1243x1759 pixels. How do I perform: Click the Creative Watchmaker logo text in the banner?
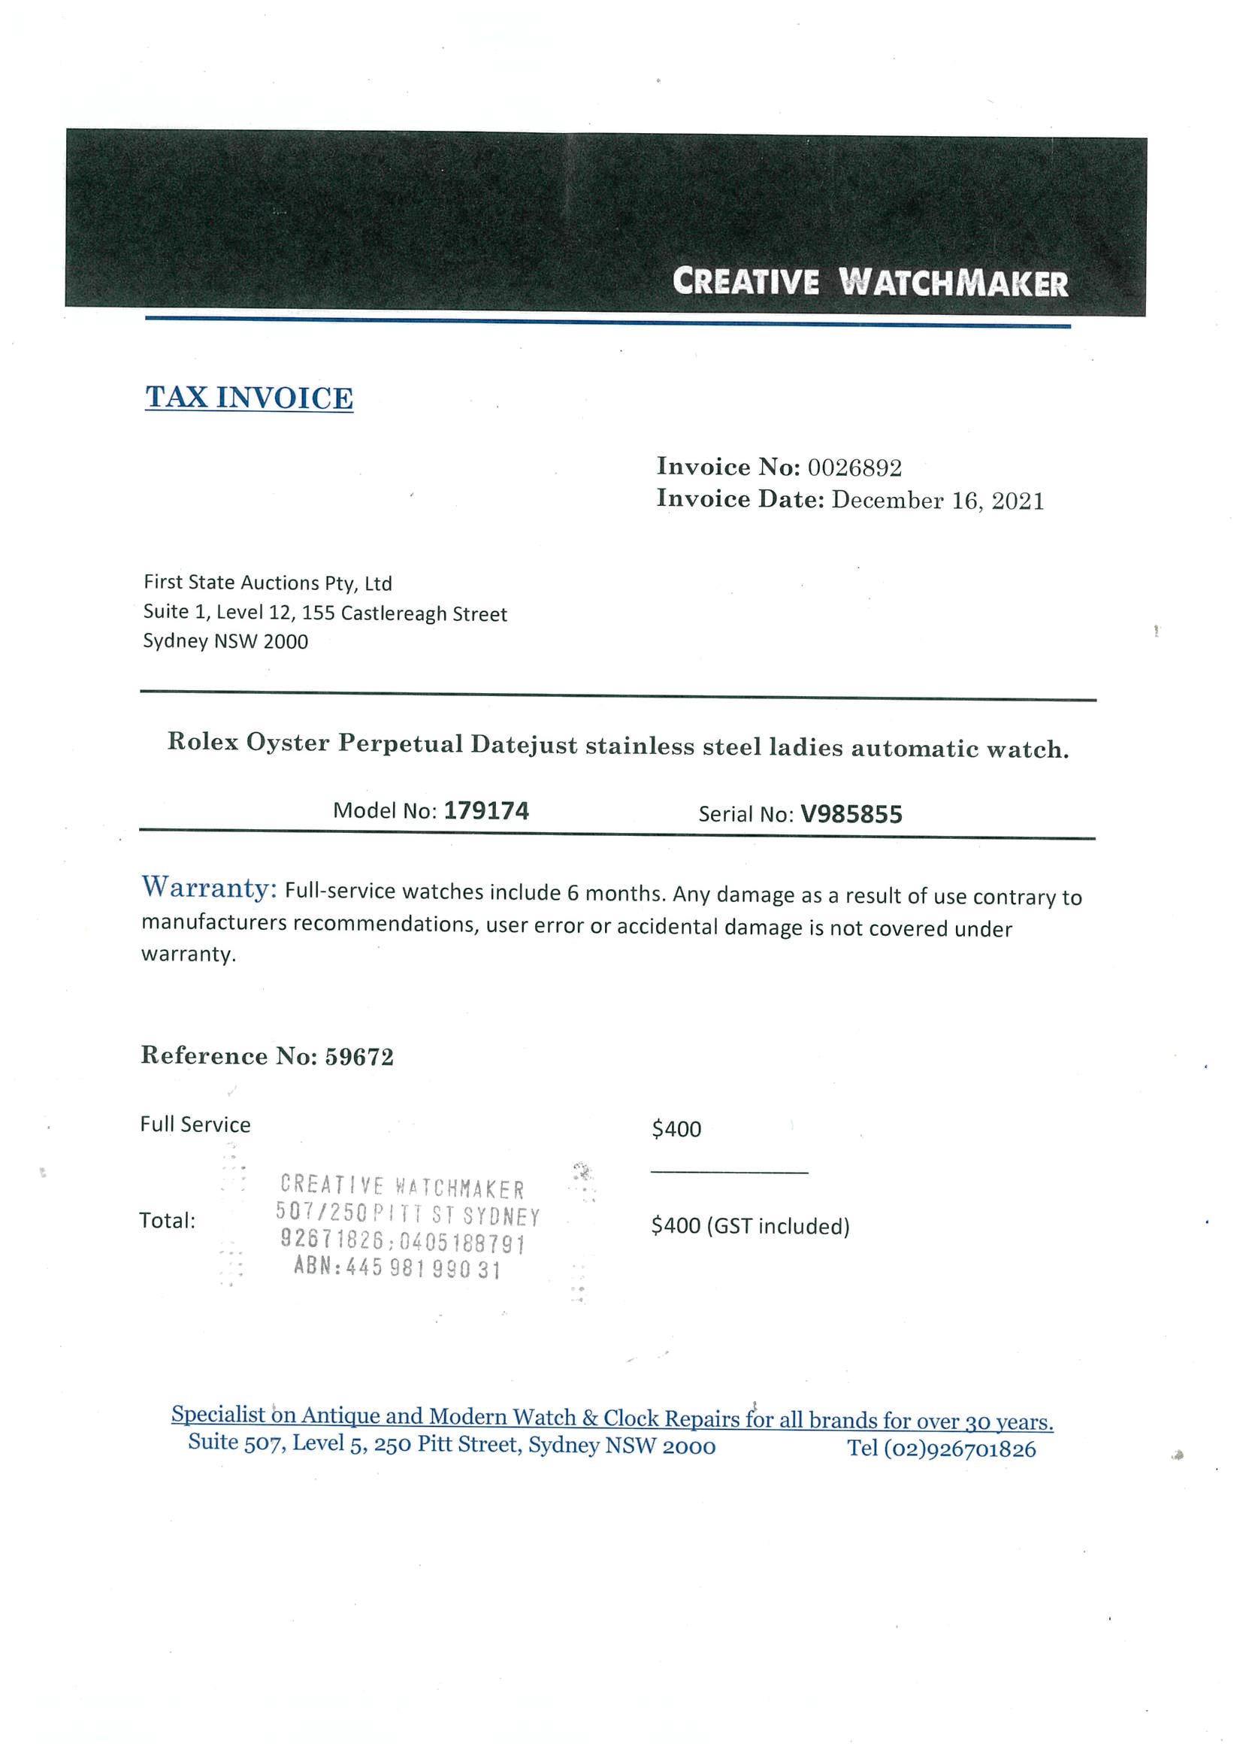869,282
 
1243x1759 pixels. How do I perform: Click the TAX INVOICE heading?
249,398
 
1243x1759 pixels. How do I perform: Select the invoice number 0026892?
854,468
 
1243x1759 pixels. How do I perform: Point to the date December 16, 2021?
937,501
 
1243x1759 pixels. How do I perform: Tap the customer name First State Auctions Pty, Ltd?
268,583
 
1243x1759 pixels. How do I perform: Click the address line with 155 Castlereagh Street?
325,613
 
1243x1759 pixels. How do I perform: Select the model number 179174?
486,810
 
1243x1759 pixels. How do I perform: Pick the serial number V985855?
851,813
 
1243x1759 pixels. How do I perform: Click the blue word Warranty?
208,889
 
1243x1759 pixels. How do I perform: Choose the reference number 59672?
359,1057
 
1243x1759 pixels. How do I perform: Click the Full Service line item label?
195,1125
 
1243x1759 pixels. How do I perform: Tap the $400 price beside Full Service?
676,1128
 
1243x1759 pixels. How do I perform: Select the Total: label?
167,1221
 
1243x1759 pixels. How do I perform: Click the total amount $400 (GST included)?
750,1227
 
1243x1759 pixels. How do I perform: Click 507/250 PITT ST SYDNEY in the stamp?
407,1216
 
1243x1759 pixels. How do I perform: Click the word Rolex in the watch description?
202,743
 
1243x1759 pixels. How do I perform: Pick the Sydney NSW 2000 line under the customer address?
225,641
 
